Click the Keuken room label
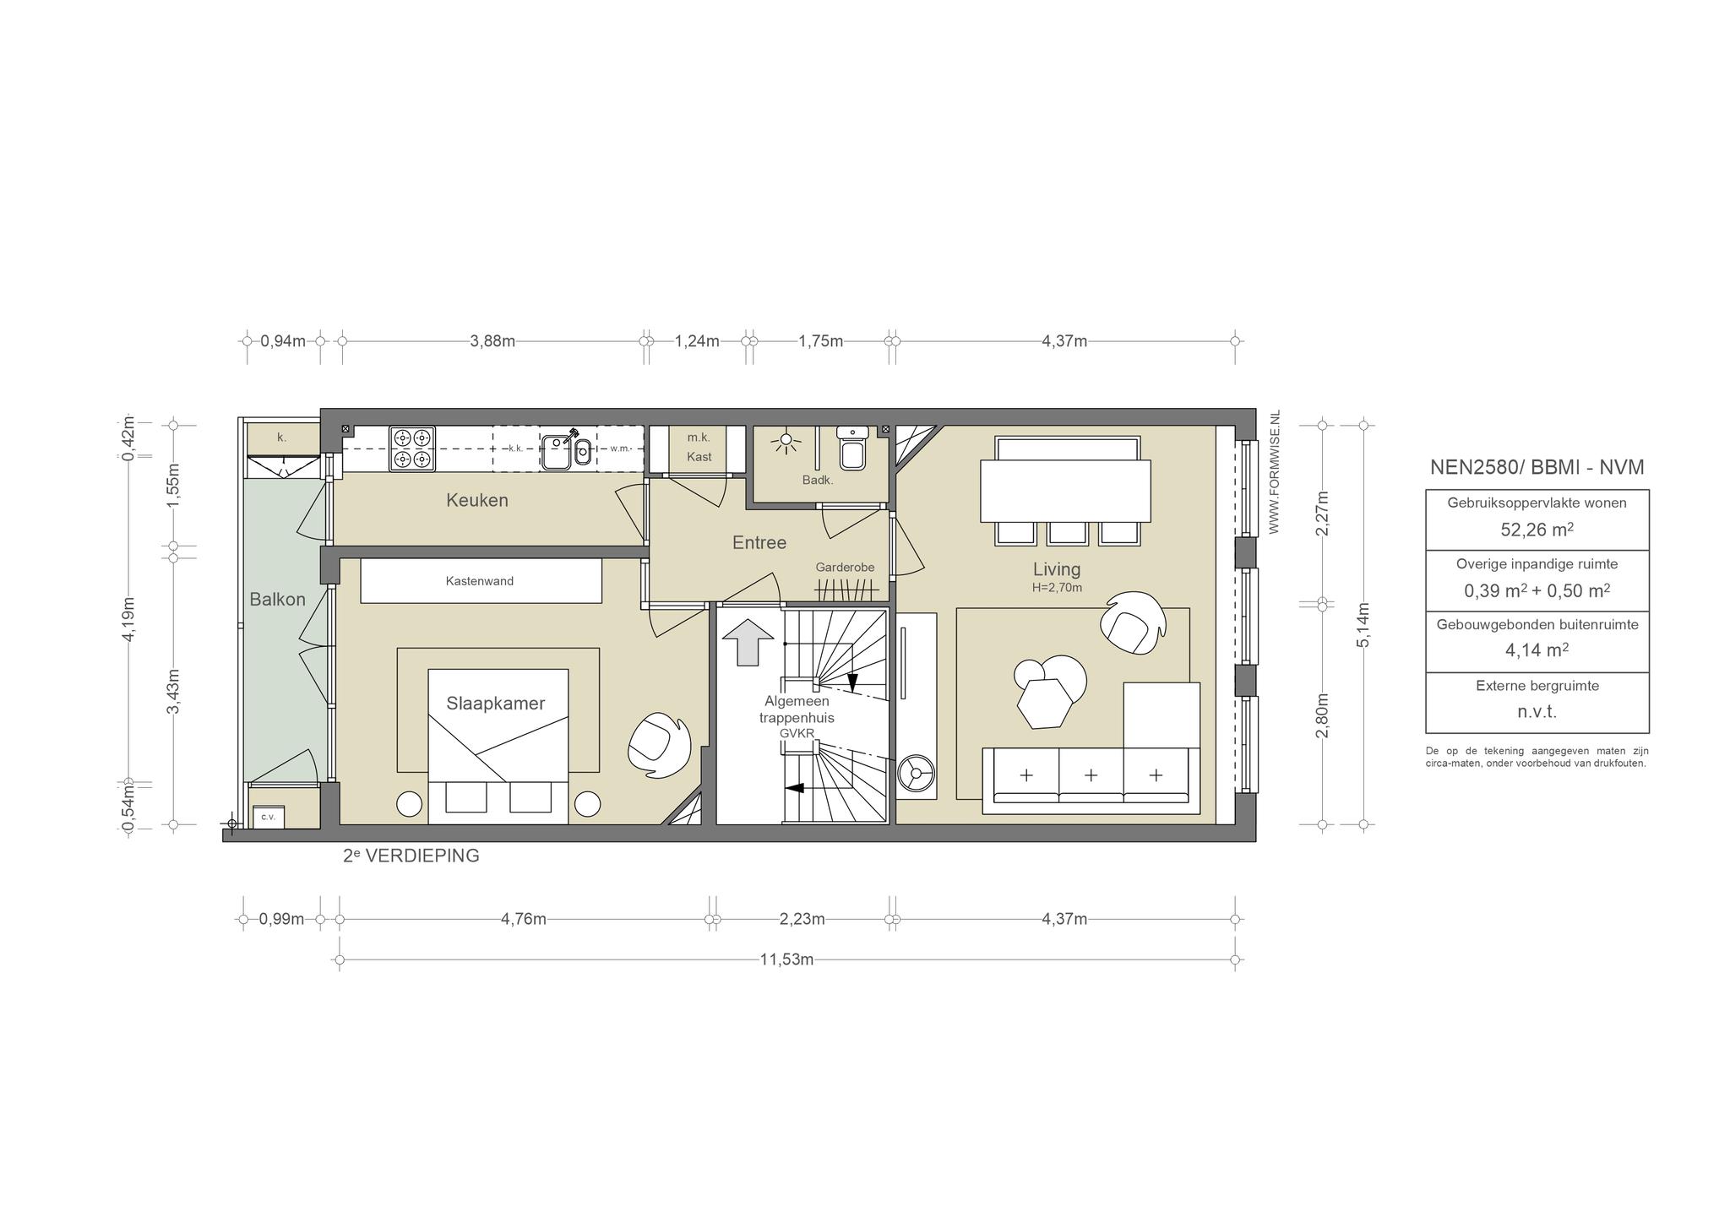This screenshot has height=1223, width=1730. coord(477,500)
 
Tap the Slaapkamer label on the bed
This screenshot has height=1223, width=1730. coord(496,703)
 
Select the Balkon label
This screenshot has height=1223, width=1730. coord(277,599)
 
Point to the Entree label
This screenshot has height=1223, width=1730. coord(759,543)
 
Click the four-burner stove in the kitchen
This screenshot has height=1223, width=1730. coord(412,448)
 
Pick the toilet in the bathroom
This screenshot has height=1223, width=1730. coord(851,448)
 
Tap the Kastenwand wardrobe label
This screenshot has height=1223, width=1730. coord(480,581)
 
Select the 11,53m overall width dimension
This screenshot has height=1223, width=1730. coord(786,959)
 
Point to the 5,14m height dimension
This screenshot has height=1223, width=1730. coord(1363,625)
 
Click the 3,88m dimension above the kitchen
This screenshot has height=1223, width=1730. coord(492,341)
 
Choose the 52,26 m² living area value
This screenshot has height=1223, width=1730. coord(1537,530)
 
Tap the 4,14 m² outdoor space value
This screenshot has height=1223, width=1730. coord(1537,650)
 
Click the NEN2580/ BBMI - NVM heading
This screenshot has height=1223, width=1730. coord(1537,467)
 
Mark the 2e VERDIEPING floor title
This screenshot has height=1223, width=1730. coord(411,856)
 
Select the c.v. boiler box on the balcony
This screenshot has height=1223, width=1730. coord(269,817)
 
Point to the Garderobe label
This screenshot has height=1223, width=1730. coord(845,568)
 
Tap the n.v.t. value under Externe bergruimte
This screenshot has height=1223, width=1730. coord(1537,711)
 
